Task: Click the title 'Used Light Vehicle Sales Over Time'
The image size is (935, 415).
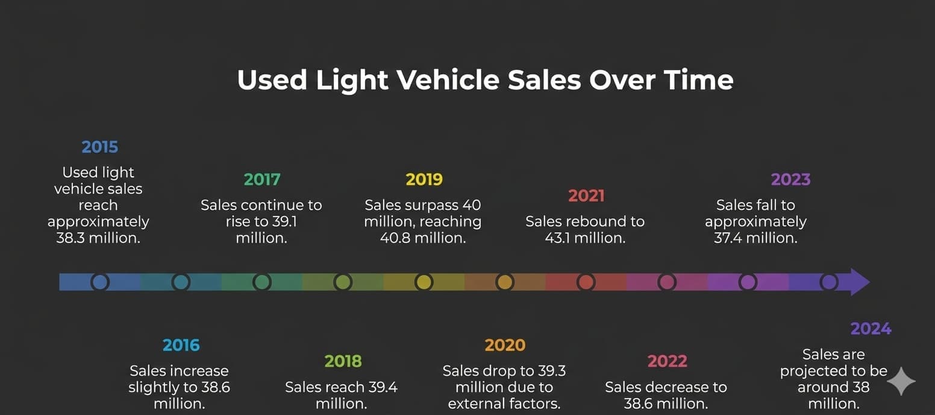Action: click(x=485, y=80)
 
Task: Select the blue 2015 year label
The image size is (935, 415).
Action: click(x=100, y=147)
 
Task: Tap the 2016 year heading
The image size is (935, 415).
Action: click(x=181, y=345)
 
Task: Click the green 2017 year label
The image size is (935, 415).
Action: click(x=262, y=179)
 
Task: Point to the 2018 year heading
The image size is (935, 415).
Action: click(x=343, y=361)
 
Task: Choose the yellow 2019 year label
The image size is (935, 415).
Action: click(x=424, y=179)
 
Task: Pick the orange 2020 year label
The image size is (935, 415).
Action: click(x=505, y=345)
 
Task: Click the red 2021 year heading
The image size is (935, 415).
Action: click(x=586, y=195)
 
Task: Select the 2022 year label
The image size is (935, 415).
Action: click(x=667, y=361)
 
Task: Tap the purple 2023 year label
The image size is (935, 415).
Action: click(x=790, y=179)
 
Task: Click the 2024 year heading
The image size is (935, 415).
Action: click(x=871, y=329)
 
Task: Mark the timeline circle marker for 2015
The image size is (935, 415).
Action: click(x=100, y=282)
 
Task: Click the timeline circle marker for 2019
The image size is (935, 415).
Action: click(x=424, y=282)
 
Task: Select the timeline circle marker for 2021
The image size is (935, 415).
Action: click(x=586, y=282)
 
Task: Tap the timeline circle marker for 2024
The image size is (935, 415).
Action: click(x=829, y=282)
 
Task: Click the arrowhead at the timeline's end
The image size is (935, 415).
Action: click(x=860, y=282)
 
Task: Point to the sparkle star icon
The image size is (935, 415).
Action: click(x=901, y=381)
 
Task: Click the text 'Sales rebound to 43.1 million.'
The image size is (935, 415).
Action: click(x=585, y=230)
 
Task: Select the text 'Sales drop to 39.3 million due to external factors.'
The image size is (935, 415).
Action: click(x=504, y=387)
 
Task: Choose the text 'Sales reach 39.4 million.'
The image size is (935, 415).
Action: click(x=342, y=395)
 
